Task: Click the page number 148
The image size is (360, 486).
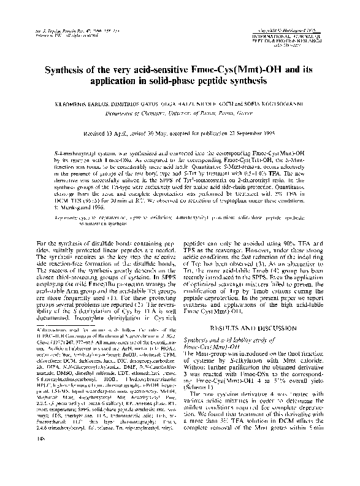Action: click(23, 473)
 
